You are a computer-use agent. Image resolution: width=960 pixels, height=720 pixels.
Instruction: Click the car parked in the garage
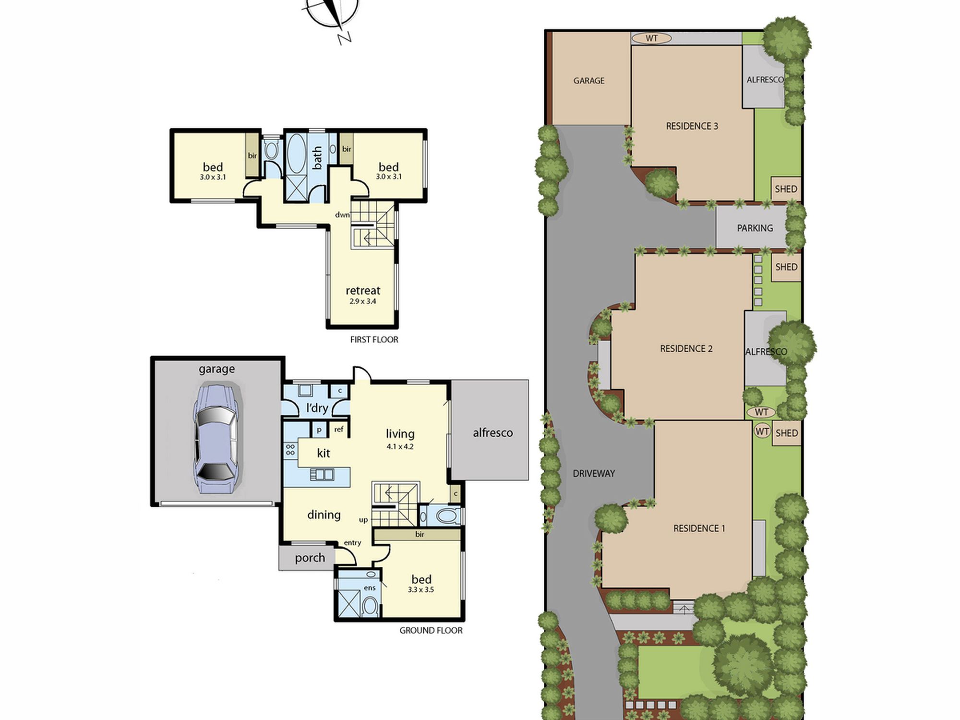coord(216,438)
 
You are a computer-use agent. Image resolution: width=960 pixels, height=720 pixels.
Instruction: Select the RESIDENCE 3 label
coord(692,126)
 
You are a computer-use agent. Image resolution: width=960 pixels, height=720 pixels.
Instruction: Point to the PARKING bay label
coord(755,228)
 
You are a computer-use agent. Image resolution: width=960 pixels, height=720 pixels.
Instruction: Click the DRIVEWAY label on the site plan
coord(594,473)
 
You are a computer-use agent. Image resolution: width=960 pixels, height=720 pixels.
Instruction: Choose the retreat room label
coord(363,290)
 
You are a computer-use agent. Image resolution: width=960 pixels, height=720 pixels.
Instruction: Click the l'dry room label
coord(317,408)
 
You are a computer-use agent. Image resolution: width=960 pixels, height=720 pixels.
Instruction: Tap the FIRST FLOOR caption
coord(374,340)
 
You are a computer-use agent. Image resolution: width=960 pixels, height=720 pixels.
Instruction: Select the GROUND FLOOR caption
coord(431,631)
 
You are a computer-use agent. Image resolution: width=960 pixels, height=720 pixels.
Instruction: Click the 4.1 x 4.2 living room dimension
coord(400,446)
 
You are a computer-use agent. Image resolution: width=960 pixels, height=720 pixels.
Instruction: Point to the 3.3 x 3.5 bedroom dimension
coord(421,590)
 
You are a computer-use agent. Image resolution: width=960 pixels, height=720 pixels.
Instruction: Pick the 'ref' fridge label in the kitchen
coord(339,430)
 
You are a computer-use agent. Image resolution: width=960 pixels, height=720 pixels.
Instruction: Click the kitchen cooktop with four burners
coord(290,450)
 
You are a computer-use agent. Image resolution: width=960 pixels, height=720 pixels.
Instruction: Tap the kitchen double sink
coord(322,475)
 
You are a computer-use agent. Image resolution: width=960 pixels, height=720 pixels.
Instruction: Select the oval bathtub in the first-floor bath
coord(296,153)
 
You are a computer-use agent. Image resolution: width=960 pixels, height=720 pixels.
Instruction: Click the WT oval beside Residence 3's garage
coord(651,38)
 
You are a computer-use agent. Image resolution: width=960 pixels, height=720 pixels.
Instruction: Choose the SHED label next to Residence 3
coord(786,189)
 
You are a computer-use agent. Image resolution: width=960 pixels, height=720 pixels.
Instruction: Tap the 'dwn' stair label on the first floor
coord(342,215)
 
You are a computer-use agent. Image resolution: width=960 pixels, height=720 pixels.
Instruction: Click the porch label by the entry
coord(310,558)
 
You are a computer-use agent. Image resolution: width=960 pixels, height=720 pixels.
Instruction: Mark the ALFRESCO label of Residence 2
coord(766,352)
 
